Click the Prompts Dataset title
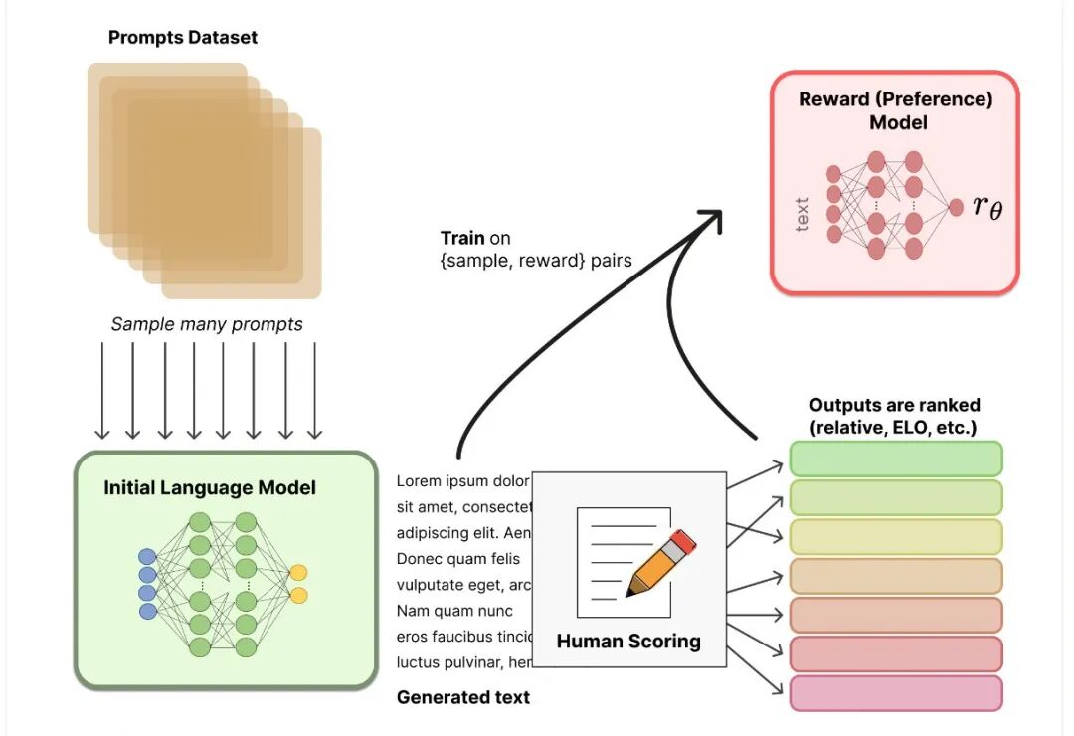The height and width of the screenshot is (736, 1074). pyautogui.click(x=183, y=38)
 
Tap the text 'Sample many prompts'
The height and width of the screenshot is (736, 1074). pyautogui.click(x=207, y=324)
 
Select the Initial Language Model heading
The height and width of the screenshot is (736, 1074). pyautogui.click(x=210, y=488)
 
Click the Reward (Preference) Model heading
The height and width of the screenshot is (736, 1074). pyautogui.click(x=896, y=110)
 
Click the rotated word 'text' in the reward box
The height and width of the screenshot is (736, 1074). pyautogui.click(x=803, y=215)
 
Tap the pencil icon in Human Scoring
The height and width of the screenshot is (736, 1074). pyautogui.click(x=660, y=563)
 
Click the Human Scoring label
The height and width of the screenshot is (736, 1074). pyautogui.click(x=628, y=642)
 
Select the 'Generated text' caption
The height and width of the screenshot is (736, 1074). pyautogui.click(x=463, y=697)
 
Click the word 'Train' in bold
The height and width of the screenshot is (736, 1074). pyautogui.click(x=462, y=239)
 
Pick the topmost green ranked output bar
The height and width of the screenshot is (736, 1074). pyautogui.click(x=896, y=459)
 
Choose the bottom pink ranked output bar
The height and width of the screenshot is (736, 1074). pyautogui.click(x=896, y=693)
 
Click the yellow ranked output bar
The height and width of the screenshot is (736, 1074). pyautogui.click(x=896, y=537)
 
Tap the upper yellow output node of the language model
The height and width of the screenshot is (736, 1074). pyautogui.click(x=298, y=573)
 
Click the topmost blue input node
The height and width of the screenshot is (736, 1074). pyautogui.click(x=148, y=557)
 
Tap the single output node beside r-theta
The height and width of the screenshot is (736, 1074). pyautogui.click(x=956, y=207)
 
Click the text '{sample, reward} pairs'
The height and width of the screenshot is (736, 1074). pyautogui.click(x=536, y=261)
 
